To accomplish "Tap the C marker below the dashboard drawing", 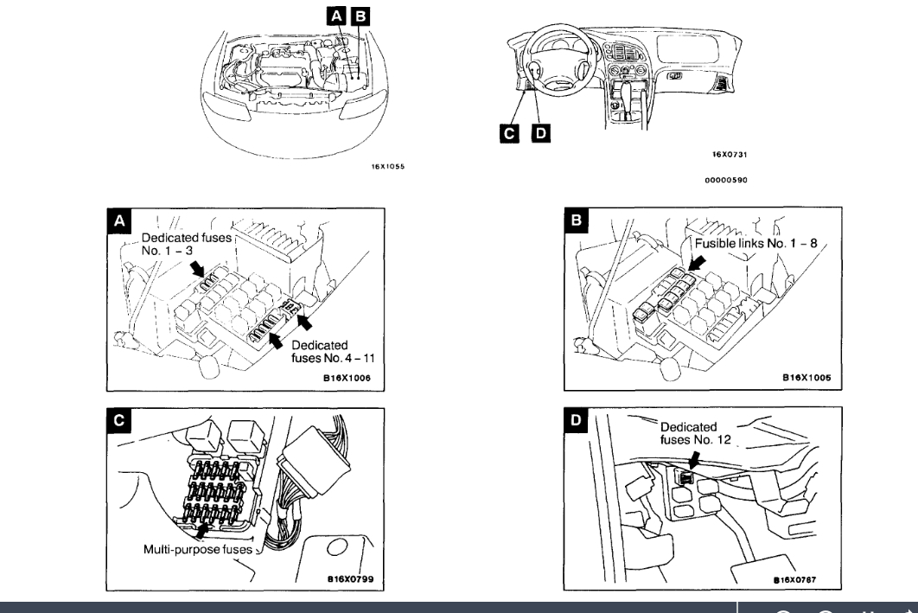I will [x=511, y=132].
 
